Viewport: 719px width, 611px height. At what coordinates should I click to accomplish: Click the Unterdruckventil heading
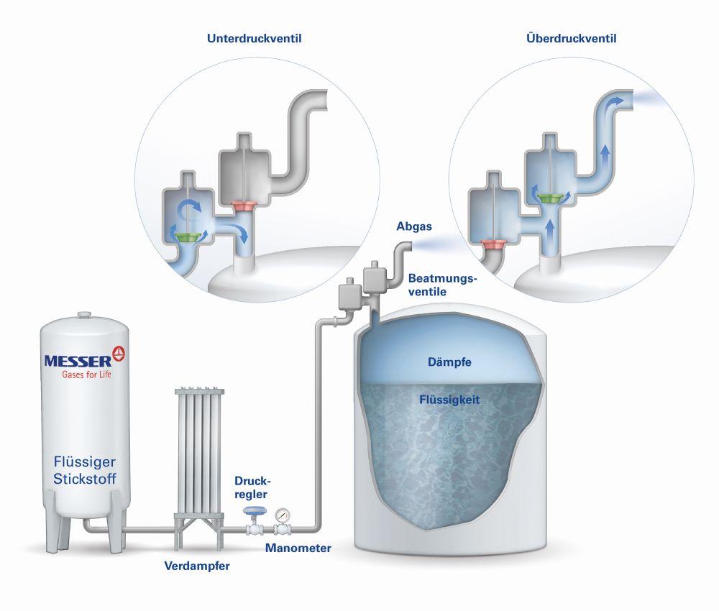[253, 39]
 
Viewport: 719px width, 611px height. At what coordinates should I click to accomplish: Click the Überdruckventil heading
[571, 39]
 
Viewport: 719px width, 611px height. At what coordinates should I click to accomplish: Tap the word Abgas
[413, 226]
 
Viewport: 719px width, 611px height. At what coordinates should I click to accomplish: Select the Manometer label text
[298, 548]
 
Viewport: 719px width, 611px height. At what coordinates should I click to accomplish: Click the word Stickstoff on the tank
[85, 478]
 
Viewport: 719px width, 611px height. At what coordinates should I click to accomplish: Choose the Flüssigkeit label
[449, 398]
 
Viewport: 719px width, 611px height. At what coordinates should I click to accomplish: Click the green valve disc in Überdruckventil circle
[551, 197]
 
